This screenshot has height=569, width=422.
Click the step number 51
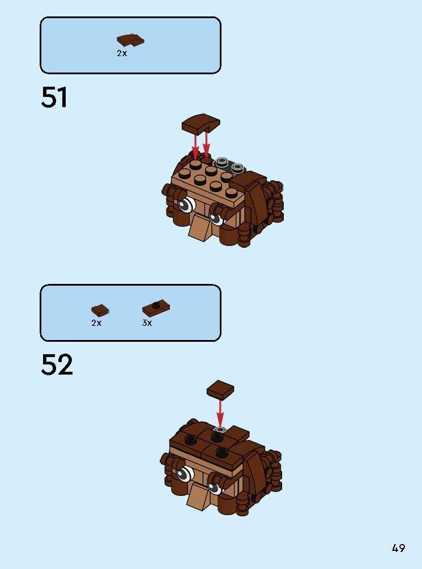54,97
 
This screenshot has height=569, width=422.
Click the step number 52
57,365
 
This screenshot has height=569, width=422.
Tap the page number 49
398,548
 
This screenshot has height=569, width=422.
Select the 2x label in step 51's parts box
122,53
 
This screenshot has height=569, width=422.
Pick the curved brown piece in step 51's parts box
130,40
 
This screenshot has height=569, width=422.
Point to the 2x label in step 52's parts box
96,323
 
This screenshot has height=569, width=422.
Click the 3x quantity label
147,323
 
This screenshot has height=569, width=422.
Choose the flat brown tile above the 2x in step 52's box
100,310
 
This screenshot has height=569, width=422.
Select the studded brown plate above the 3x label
156,309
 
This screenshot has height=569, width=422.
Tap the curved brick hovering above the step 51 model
201,124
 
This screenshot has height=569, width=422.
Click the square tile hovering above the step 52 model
220,390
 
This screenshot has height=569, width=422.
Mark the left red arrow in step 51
196,145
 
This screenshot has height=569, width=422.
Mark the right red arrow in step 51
207,143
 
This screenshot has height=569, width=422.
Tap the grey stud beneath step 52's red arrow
220,429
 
